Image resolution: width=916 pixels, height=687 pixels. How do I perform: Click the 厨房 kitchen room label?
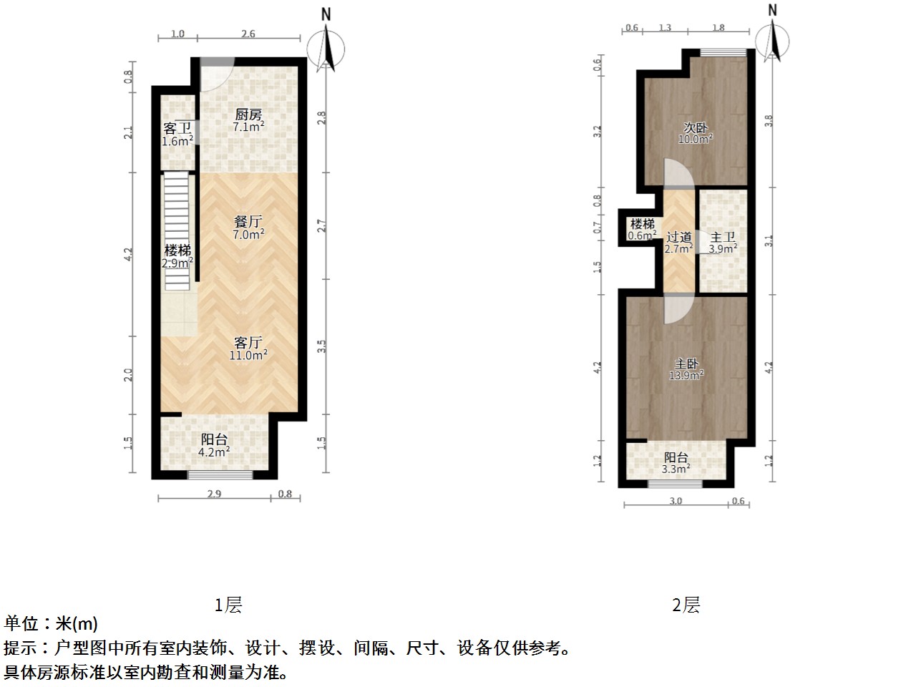click(x=248, y=114)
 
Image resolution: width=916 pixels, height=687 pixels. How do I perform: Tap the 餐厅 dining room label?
click(x=248, y=221)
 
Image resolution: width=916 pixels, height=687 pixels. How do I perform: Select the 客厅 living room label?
click(x=248, y=343)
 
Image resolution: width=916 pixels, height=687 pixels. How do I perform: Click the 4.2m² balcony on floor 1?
click(x=214, y=446)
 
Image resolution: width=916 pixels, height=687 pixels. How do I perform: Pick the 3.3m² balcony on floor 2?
click(x=676, y=463)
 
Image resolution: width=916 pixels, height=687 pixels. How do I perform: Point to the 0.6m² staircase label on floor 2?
click(x=642, y=230)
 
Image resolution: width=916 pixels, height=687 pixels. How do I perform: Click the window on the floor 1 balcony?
click(x=220, y=474)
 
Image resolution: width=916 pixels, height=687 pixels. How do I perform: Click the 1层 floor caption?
click(x=228, y=605)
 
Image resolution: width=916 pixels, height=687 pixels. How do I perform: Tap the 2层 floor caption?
click(x=686, y=605)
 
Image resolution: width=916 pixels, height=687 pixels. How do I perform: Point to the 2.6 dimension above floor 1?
click(x=248, y=34)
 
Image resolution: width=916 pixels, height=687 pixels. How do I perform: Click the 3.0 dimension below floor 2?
click(x=676, y=501)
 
